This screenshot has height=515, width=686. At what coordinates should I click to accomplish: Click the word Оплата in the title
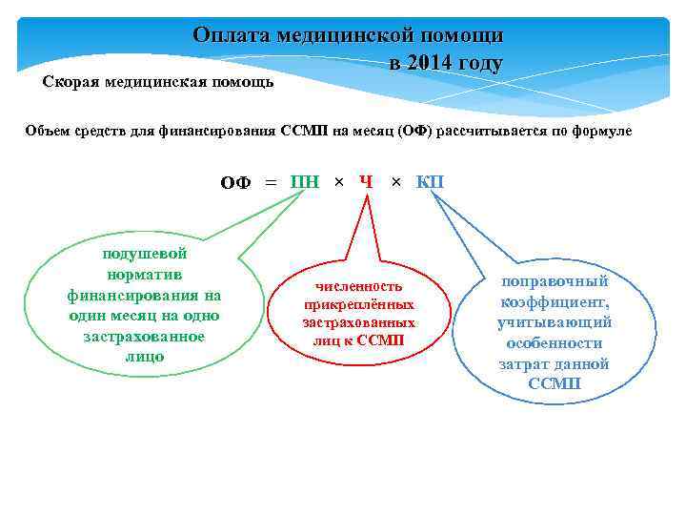(x=231, y=35)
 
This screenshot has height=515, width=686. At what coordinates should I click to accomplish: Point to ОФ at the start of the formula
(x=235, y=183)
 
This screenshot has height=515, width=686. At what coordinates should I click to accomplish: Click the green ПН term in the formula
(x=305, y=182)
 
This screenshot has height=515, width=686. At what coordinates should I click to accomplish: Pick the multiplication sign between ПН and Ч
(x=338, y=182)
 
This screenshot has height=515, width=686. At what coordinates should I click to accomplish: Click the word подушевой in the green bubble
(x=144, y=253)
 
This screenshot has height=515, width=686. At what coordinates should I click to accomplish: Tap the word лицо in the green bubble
(x=144, y=356)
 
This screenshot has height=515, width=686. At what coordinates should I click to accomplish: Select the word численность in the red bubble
(x=359, y=286)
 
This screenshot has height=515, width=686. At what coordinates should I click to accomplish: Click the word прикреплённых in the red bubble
(x=359, y=304)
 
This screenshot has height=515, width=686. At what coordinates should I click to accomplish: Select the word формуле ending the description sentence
(x=599, y=130)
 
